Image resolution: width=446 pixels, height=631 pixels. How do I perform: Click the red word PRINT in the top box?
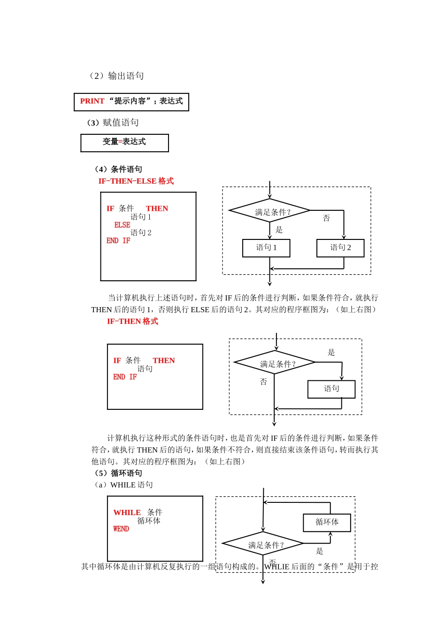(x=92, y=101)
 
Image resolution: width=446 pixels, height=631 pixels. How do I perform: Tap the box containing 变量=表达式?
(x=124, y=142)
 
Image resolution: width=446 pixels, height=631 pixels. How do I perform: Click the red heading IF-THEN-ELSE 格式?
(x=136, y=181)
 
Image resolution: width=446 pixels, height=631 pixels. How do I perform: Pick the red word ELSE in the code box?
(x=122, y=225)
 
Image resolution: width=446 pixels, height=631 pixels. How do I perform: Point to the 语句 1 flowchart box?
(x=266, y=248)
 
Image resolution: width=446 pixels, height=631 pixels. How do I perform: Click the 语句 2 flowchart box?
(x=340, y=248)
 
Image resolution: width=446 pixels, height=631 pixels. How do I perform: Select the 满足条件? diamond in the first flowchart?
(x=269, y=211)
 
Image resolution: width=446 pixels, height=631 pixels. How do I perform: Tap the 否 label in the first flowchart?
(x=326, y=218)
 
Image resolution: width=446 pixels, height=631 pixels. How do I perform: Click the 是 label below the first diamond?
(x=279, y=230)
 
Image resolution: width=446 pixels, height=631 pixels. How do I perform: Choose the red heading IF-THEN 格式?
(x=132, y=322)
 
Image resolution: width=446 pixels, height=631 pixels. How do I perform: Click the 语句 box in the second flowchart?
(x=331, y=389)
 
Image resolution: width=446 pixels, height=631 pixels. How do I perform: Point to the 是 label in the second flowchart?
(x=331, y=353)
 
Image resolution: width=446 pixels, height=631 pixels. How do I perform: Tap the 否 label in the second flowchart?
(x=263, y=382)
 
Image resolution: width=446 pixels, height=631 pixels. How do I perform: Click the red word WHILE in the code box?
(x=127, y=513)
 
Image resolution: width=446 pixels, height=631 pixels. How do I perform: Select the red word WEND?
(x=121, y=529)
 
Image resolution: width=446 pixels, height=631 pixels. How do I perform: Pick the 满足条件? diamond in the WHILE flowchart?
(x=263, y=544)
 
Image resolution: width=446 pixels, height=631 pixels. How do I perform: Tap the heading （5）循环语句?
(x=118, y=473)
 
